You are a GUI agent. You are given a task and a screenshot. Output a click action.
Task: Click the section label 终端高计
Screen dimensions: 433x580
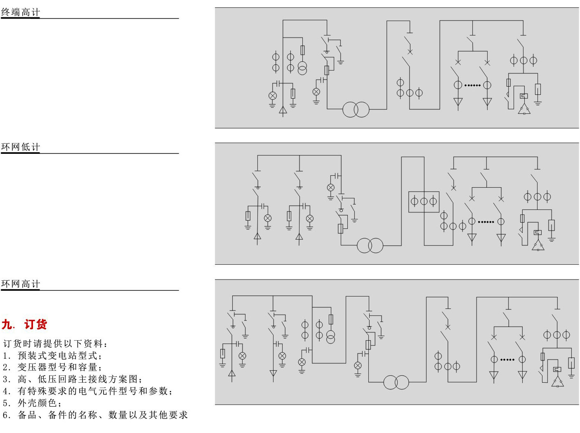[20, 12]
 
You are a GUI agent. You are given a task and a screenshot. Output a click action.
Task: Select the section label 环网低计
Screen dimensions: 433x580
[20, 147]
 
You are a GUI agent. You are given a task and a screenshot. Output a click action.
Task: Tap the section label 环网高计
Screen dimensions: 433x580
[20, 284]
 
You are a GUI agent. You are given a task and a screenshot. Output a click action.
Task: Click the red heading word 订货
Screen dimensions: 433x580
[35, 325]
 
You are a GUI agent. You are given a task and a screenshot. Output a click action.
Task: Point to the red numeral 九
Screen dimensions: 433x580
[7, 325]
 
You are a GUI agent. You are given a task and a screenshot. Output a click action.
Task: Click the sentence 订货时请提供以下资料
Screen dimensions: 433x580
[56, 344]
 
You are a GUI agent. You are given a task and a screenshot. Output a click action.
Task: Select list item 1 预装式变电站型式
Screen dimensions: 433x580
[52, 355]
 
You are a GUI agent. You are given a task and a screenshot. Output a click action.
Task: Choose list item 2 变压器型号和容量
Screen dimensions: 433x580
[52, 367]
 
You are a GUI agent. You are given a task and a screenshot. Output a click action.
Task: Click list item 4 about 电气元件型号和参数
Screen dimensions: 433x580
[87, 391]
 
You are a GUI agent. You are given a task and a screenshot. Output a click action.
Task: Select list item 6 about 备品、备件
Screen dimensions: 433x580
[95, 415]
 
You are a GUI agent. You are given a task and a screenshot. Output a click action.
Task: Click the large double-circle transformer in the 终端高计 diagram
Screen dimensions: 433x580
[356, 109]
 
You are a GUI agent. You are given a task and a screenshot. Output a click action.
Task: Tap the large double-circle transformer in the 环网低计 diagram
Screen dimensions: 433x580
[370, 245]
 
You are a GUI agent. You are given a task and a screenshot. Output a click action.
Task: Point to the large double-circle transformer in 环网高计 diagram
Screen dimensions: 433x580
[396, 382]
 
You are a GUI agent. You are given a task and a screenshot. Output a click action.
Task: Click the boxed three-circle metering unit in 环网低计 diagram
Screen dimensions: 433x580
[424, 202]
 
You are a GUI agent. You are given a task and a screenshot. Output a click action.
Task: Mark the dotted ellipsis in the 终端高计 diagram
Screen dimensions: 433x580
[472, 85]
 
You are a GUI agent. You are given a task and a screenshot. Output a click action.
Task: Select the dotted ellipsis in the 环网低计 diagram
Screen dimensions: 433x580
[486, 222]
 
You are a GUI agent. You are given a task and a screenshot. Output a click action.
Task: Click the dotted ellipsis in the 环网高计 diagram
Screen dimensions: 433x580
[507, 360]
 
